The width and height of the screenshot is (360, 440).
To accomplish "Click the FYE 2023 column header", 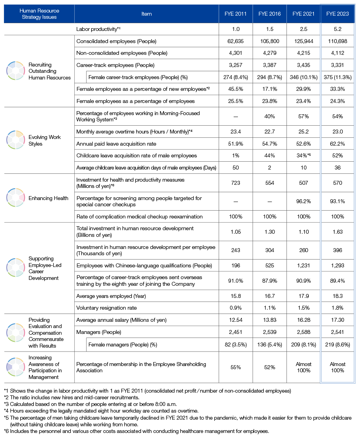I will [x=337, y=14].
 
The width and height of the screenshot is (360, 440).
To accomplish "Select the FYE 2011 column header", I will [x=236, y=14].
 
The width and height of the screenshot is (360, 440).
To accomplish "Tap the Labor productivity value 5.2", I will [x=337, y=29].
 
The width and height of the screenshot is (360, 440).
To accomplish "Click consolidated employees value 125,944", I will [x=303, y=41].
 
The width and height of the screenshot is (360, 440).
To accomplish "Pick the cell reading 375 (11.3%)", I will [x=337, y=77].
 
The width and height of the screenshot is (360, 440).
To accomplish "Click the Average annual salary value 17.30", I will [x=337, y=320].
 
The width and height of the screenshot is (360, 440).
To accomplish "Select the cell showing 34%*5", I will [x=303, y=155].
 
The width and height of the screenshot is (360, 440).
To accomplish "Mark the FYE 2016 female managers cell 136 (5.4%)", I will [x=269, y=344].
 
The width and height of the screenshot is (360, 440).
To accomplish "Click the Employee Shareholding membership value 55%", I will [x=236, y=367].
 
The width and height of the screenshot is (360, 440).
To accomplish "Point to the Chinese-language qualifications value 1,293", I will [x=337, y=266].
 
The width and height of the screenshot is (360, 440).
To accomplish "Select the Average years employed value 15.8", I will [x=236, y=296].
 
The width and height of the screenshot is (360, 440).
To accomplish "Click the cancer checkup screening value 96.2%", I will [x=303, y=201].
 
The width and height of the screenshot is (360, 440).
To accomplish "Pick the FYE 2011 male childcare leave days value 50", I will [x=236, y=168].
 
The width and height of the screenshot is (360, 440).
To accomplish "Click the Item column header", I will [x=147, y=14].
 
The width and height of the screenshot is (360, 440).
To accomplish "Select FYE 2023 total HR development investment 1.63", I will [x=337, y=232].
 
